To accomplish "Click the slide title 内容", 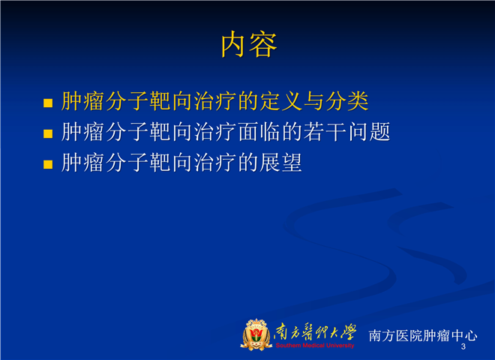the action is pyautogui.click(x=249, y=44).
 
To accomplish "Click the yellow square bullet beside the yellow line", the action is pyautogui.click(x=48, y=103).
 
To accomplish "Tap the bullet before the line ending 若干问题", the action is pyautogui.click(x=48, y=133).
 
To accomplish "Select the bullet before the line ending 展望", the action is pyautogui.click(x=48, y=164).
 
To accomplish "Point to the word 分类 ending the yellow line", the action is pyautogui.click(x=347, y=101).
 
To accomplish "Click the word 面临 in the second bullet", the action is pyautogui.click(x=259, y=132).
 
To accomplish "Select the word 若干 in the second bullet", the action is pyautogui.click(x=325, y=132).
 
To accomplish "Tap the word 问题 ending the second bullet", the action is pyautogui.click(x=369, y=132).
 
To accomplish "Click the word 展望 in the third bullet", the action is pyautogui.click(x=280, y=162).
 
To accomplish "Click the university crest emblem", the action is pyautogui.click(x=256, y=335).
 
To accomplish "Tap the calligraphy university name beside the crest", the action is pyautogui.click(x=315, y=332).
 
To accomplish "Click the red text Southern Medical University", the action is pyautogui.click(x=315, y=346).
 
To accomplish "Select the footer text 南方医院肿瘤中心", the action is pyautogui.click(x=423, y=335).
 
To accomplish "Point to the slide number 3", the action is pyautogui.click(x=463, y=346).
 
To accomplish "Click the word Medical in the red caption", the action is pyautogui.click(x=313, y=346).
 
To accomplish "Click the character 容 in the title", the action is pyautogui.click(x=263, y=44).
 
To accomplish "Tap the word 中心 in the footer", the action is pyautogui.click(x=463, y=335).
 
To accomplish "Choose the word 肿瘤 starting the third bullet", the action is pyautogui.click(x=82, y=162).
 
